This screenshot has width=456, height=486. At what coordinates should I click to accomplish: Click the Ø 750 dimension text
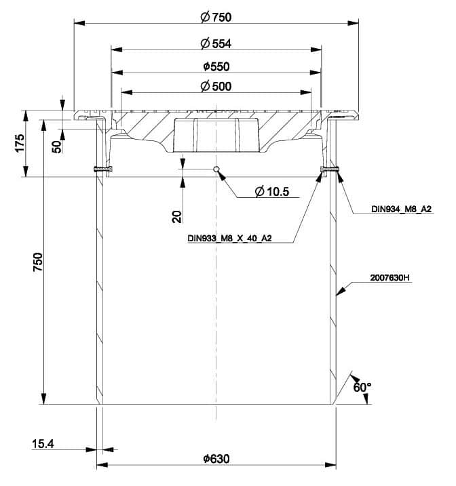coord(216,18)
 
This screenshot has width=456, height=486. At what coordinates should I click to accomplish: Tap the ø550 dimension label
coord(216,66)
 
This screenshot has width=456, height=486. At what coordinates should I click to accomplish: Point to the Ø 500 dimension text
coord(216,86)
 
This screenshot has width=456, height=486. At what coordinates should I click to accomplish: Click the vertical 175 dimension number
coord(20,144)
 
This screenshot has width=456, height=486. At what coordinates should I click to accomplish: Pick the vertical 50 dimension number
coord(57,144)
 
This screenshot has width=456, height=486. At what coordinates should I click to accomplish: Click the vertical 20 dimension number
coord(176,216)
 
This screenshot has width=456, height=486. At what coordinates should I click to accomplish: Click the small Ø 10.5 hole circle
coord(216,169)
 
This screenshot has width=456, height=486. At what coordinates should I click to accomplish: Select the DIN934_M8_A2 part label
coord(402,209)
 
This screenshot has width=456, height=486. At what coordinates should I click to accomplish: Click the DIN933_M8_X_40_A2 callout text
coord(229,239)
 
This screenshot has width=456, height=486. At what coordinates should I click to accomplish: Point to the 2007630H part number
coord(390,277)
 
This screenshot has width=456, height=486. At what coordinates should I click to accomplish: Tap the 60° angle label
coord(362,386)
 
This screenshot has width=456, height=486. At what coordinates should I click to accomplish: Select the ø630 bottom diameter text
coord(216,459)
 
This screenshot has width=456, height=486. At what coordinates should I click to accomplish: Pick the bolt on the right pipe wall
coord(330,169)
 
